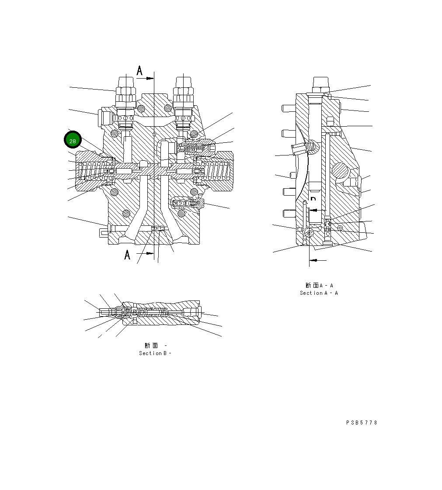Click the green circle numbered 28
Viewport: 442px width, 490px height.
coord(73,141)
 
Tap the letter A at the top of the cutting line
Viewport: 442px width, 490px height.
coord(139,71)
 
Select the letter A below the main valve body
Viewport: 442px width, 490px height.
coord(127,255)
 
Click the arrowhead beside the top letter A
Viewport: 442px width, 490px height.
coord(150,78)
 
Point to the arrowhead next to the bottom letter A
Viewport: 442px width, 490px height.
coord(150,253)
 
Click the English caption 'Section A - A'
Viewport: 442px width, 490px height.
coord(319,293)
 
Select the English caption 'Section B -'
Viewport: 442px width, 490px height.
coord(155,353)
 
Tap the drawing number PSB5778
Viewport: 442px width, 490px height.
coord(362,423)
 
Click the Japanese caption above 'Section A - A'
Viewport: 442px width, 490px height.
coord(319,286)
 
